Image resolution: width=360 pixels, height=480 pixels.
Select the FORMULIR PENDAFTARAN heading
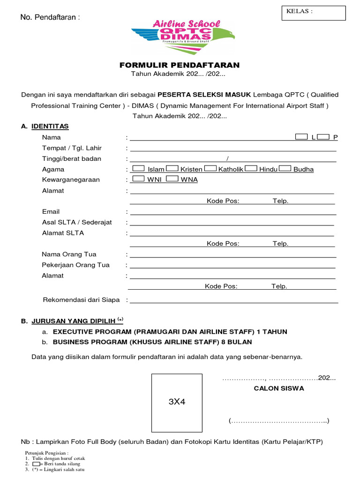(180, 65)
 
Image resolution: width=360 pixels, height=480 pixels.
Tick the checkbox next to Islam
(139, 168)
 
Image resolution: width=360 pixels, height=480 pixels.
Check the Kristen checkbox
(172, 168)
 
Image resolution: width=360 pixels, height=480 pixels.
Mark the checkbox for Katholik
(210, 168)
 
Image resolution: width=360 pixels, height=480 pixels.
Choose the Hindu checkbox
(251, 168)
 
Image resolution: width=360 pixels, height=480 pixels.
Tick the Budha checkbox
(285, 168)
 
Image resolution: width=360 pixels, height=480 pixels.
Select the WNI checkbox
(139, 179)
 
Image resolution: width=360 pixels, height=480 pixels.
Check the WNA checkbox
(172, 179)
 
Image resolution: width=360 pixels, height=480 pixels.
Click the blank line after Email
(233, 213)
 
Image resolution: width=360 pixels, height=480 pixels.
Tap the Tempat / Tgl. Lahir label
(72, 148)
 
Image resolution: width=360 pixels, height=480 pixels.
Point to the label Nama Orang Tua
(69, 255)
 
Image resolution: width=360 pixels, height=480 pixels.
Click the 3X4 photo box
(177, 402)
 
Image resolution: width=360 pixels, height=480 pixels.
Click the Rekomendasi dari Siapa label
(82, 300)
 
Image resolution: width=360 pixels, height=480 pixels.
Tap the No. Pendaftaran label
(50, 17)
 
